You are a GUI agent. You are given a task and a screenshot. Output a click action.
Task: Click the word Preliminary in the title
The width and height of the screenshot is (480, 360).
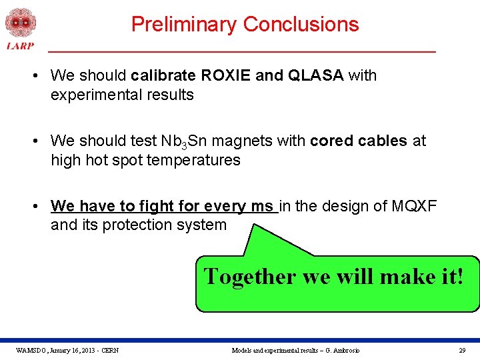[184, 25]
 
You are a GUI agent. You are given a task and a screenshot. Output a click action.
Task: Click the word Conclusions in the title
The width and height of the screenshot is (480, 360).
[301, 25]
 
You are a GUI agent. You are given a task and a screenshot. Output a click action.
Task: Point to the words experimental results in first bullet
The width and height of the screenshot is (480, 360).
[122, 95]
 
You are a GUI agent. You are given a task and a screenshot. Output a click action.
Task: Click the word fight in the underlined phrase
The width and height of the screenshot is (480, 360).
[163, 206]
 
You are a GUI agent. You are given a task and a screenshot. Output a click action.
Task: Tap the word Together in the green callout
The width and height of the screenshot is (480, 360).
[250, 276]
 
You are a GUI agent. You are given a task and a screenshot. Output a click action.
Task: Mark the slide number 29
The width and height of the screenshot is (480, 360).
[462, 350]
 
